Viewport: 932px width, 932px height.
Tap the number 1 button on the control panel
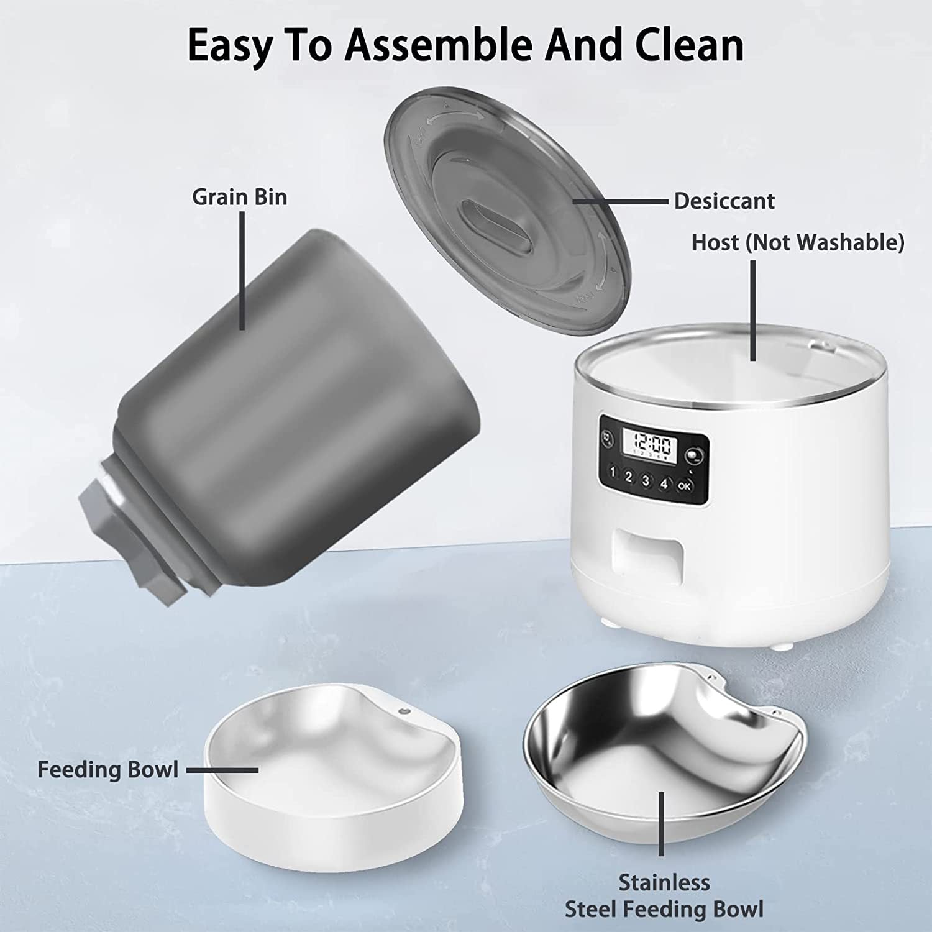[x=613, y=472]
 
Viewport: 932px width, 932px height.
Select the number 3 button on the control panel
[x=646, y=480]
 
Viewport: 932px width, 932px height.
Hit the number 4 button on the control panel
[x=664, y=483]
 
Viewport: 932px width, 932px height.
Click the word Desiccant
[x=724, y=201]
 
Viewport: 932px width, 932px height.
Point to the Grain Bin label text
[x=239, y=197]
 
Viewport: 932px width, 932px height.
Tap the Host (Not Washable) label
[x=798, y=242]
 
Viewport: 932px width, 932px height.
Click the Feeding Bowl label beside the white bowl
[x=107, y=770]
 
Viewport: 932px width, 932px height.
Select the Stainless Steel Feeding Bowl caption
[x=664, y=895]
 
